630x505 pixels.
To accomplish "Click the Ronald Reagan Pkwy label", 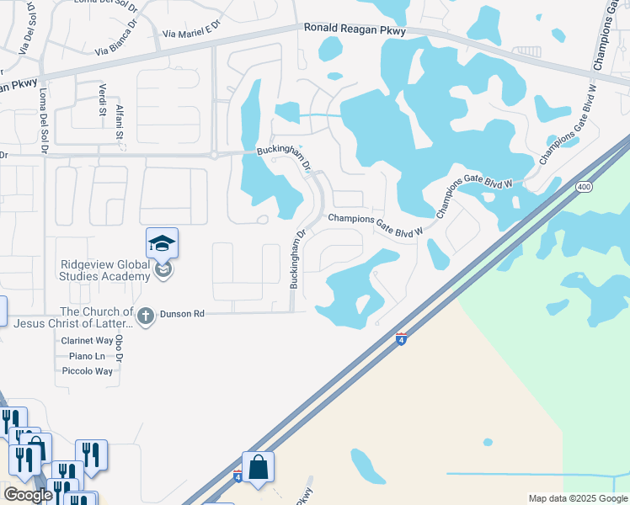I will tap(355, 29).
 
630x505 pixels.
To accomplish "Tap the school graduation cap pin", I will tap(162, 245).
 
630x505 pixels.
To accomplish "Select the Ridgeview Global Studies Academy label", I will tap(105, 270).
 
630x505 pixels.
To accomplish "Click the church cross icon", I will tap(145, 316).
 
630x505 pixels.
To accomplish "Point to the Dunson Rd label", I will tap(188, 314).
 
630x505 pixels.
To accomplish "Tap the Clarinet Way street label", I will tap(87, 341).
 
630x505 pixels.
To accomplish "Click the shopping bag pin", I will tap(258, 468).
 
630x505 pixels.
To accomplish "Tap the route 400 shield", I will tap(582, 187).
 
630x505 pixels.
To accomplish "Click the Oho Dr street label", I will tap(119, 348).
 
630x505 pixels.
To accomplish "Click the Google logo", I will tap(28, 495).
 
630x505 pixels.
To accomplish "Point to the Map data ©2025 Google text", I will tap(577, 498).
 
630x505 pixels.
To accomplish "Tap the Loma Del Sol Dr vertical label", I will tap(43, 121).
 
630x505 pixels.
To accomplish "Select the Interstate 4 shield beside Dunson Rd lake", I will tap(402, 338).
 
